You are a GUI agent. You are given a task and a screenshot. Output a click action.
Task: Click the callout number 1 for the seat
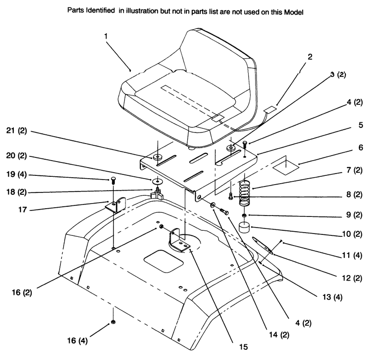click(x=106, y=36)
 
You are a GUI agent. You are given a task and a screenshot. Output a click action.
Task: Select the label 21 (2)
click(x=17, y=131)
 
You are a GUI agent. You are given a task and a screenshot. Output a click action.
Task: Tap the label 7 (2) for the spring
click(x=354, y=170)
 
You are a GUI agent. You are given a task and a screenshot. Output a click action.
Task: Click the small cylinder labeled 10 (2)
click(x=244, y=228)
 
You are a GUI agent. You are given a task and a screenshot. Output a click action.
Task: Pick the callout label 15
click(x=244, y=347)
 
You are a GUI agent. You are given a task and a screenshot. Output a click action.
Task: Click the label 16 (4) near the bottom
click(x=77, y=341)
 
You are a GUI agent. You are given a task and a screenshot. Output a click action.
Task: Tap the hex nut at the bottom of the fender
click(x=113, y=322)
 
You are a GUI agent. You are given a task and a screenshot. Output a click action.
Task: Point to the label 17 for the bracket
click(x=23, y=210)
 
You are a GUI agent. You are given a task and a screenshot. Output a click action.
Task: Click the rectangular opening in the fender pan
click(x=163, y=261)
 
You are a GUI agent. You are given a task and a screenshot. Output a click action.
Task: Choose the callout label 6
click(x=361, y=147)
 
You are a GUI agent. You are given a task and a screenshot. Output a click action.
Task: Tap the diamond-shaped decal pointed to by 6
click(x=286, y=168)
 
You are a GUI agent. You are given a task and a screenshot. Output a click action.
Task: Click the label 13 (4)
click(x=332, y=297)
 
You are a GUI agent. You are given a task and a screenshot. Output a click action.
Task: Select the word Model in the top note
click(x=294, y=12)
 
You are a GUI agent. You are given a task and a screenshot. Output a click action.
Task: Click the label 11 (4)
click(x=352, y=255)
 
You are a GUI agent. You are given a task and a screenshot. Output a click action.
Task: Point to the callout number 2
click(x=310, y=57)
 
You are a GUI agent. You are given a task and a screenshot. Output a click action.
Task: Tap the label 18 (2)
click(x=16, y=192)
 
